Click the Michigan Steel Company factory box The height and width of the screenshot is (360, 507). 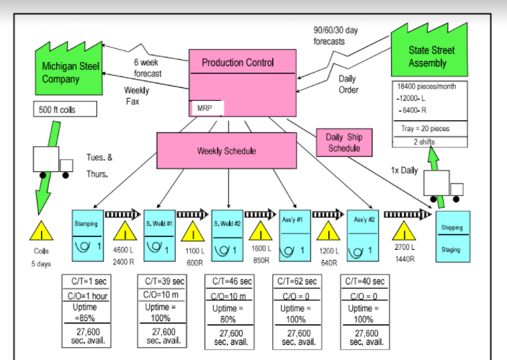71,74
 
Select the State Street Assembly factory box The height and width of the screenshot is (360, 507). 428,57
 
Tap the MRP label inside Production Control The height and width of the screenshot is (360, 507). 206,108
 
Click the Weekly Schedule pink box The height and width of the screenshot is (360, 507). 227,151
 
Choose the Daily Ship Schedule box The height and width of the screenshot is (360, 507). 344,143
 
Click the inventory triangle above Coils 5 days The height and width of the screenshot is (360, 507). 42,230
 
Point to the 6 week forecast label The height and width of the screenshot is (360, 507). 147,68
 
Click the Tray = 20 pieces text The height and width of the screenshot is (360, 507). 424,129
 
